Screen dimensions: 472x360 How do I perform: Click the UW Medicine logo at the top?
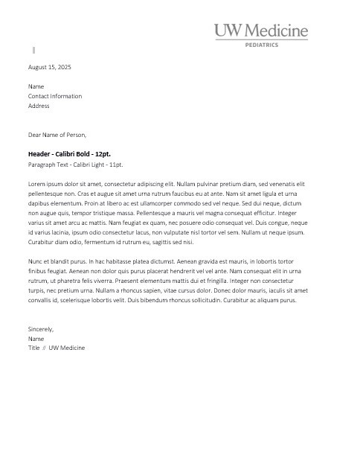(x=261, y=31)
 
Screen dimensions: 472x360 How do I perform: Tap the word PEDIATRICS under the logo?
(x=261, y=45)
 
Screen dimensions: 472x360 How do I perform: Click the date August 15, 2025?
(x=49, y=67)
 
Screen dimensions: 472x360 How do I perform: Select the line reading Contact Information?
(x=55, y=96)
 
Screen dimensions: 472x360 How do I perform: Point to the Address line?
(x=39, y=106)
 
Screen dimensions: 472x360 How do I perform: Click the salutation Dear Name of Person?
(x=57, y=135)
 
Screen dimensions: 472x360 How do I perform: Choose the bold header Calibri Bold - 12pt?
(x=69, y=153)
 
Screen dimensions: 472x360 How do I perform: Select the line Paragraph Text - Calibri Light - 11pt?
(x=75, y=164)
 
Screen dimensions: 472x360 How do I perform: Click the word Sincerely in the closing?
(x=40, y=328)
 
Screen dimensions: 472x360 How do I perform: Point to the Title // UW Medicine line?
(x=57, y=348)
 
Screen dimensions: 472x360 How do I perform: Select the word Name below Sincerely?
(x=36, y=338)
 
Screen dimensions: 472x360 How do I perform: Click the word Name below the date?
(x=36, y=86)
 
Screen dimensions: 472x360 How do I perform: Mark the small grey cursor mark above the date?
(x=33, y=50)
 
